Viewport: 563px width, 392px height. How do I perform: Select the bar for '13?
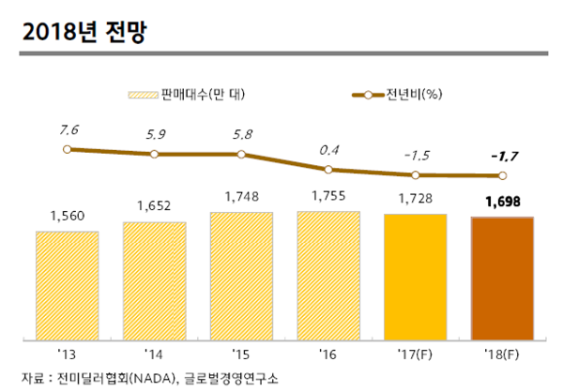pyautogui.click(x=68, y=283)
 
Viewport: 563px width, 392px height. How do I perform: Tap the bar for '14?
pyautogui.click(x=154, y=279)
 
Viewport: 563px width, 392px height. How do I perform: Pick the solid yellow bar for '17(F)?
pyautogui.click(x=416, y=276)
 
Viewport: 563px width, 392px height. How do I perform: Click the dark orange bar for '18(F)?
pyautogui.click(x=502, y=278)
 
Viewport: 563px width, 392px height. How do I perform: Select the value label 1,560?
pyautogui.click(x=68, y=217)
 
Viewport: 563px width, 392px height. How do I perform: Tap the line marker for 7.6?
pyautogui.click(x=66, y=148)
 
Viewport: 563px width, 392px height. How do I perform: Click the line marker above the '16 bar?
pyautogui.click(x=328, y=170)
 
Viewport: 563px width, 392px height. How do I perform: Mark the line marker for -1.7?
pyautogui.click(x=503, y=175)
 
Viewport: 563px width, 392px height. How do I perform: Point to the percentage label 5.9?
pyautogui.click(x=155, y=134)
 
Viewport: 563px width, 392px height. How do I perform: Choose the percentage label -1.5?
pyautogui.click(x=416, y=155)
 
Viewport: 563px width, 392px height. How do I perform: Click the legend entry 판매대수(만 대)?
pyautogui.click(x=198, y=95)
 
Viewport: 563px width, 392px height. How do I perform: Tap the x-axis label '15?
pyautogui.click(x=241, y=354)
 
